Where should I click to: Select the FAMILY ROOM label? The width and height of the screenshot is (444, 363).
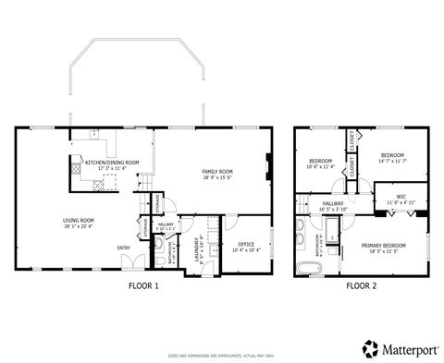click(x=217, y=172)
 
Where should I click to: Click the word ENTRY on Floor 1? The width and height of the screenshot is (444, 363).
click(x=123, y=248)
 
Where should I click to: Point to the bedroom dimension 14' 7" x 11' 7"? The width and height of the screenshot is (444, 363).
click(x=393, y=162)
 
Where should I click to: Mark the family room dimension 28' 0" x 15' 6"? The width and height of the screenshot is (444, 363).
click(x=217, y=178)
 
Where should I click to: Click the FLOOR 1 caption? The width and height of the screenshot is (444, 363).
click(x=143, y=286)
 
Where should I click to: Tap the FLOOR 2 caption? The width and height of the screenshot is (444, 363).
click(x=362, y=286)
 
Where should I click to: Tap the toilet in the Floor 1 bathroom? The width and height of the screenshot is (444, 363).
click(x=156, y=247)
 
